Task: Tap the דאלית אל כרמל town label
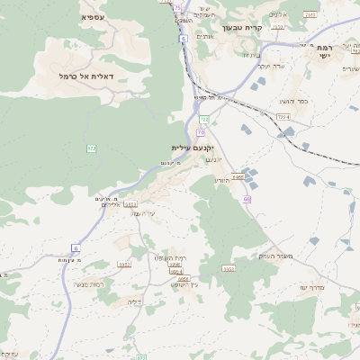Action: click(91, 76)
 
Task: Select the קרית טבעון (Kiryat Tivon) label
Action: click(240, 28)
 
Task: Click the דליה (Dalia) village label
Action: click(136, 301)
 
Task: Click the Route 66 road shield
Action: click(246, 198)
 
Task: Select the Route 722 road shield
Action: click(204, 119)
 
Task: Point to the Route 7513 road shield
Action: click(310, 14)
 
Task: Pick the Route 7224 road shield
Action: click(283, 117)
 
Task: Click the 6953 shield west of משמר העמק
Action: click(229, 268)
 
